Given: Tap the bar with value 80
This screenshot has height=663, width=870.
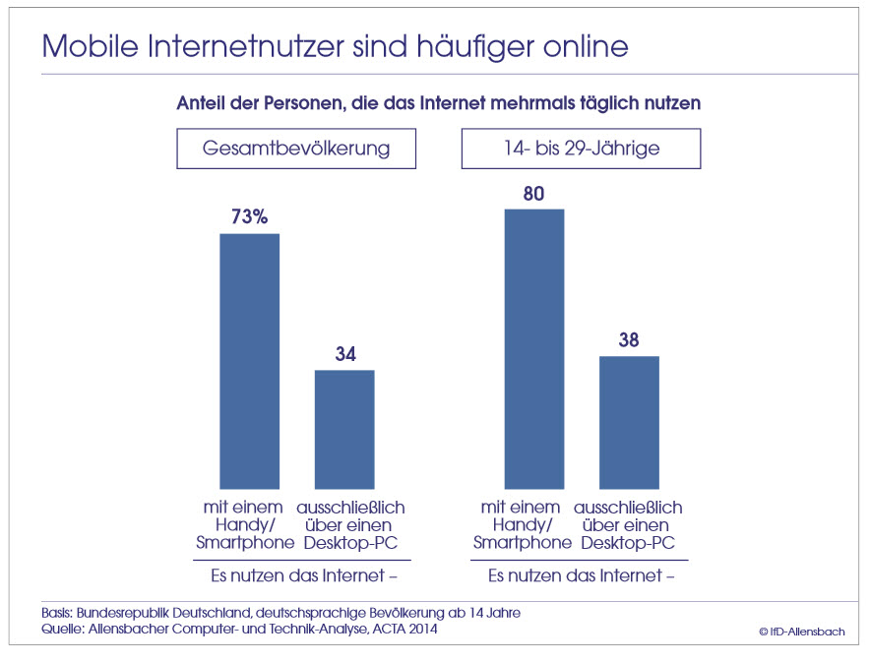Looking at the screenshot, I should [533, 348].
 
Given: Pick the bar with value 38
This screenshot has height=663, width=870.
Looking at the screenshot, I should [629, 422].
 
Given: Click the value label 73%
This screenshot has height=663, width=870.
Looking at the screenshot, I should [249, 217].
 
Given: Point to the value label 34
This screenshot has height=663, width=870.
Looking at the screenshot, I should [344, 354].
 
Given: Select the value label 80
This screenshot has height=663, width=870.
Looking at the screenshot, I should [533, 193].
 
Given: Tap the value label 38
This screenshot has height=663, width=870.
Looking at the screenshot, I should [629, 340].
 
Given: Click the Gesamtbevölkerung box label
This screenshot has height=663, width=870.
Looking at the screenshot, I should [295, 149].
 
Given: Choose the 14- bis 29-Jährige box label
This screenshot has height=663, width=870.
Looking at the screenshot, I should [581, 149].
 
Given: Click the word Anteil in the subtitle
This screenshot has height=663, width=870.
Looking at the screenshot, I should [203, 102].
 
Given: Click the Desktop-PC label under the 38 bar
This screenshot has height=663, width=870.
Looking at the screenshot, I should [630, 542].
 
